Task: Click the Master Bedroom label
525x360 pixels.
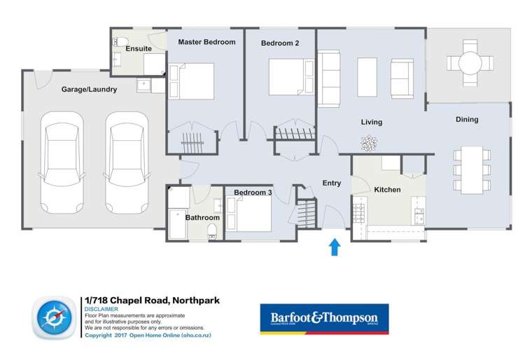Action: coord(206,42)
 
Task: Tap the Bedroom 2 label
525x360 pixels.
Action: coord(280,43)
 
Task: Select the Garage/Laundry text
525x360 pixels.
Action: coord(89,90)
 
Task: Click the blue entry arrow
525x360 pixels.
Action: coord(335,247)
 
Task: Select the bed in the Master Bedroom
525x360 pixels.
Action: coord(191,81)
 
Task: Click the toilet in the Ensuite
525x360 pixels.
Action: coord(120,39)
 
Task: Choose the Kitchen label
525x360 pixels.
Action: coord(387,190)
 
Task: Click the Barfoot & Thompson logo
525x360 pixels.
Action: coord(324,319)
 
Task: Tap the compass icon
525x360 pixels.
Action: coord(53,317)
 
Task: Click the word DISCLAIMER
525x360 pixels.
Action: coord(101,309)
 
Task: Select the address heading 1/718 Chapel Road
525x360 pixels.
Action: coord(152,300)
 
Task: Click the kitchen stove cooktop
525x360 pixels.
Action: coord(359,211)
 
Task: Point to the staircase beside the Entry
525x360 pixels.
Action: coord(306,212)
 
